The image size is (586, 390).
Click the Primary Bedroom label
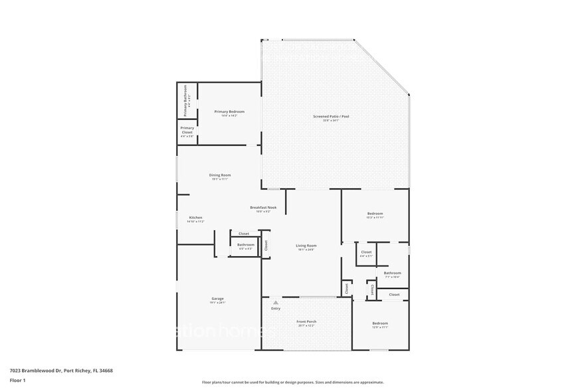[x=229, y=112]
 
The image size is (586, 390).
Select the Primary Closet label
[x=187, y=130]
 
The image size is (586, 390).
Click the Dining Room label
[x=220, y=175]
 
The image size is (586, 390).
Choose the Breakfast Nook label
[x=263, y=208]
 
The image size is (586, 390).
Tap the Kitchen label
[x=195, y=218]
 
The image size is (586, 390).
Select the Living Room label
[x=306, y=246]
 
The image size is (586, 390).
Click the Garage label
[x=218, y=299]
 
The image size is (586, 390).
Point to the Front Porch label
[x=306, y=322]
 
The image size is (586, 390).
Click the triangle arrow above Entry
[x=275, y=302]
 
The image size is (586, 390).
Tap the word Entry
[x=276, y=308]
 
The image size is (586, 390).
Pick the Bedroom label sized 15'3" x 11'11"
[x=375, y=214]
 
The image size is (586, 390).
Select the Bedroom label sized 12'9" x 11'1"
[x=380, y=324]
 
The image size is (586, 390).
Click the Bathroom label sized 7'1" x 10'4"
[x=392, y=273]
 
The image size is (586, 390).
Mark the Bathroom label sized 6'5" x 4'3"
[x=245, y=245]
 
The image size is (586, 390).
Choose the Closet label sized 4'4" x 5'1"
[x=366, y=253]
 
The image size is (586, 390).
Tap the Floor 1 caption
[x=17, y=381]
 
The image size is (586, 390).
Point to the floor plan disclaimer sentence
[x=293, y=382]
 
